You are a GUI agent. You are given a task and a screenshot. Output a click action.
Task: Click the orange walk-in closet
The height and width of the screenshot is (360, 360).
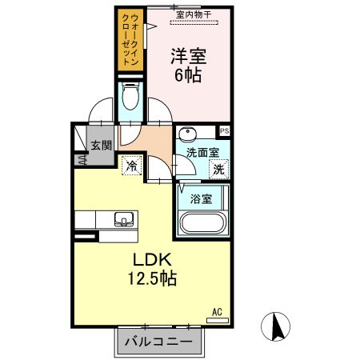pos(128,40)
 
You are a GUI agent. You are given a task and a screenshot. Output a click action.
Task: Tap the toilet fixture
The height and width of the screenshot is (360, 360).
pos(130,99)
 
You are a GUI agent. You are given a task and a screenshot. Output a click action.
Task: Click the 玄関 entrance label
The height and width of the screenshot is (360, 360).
pos(101,146)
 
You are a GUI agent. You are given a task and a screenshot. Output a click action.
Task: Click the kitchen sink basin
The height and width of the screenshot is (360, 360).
pos(125,219)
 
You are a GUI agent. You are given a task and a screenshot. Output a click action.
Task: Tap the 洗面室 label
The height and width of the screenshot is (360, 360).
pos(202,152)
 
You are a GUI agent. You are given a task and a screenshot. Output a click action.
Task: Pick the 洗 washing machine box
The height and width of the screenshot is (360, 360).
pos(218,169)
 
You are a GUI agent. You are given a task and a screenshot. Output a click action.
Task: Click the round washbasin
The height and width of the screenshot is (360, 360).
pos(186,134)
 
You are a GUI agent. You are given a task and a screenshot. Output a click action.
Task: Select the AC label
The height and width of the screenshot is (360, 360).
pos(216,310)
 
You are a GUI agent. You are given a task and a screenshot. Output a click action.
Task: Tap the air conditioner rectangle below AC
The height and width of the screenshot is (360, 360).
pos(217,320)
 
